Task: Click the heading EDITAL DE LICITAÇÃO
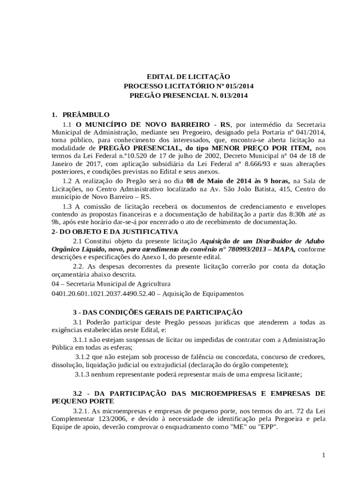click(x=188, y=76)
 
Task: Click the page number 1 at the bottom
click(x=323, y=455)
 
